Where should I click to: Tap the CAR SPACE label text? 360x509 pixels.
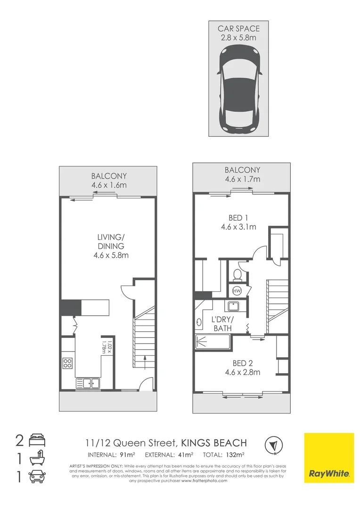(x=238, y=29)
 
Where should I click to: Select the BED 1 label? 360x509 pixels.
(x=238, y=218)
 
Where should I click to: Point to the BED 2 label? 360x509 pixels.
(x=243, y=363)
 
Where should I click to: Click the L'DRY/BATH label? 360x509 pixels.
(x=223, y=324)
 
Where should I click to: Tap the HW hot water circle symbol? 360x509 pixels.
(x=237, y=291)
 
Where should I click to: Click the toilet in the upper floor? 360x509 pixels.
(x=237, y=275)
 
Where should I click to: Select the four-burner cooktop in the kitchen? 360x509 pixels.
(x=67, y=363)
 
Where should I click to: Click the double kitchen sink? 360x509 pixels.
(x=88, y=383)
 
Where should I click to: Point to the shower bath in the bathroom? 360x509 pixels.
(x=213, y=342)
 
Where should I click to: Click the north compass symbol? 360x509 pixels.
(x=274, y=445)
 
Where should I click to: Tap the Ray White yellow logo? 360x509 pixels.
(x=329, y=458)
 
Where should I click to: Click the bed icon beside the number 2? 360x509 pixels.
(x=37, y=440)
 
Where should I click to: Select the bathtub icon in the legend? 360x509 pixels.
(x=37, y=458)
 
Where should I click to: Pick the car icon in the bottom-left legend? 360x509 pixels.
(x=37, y=476)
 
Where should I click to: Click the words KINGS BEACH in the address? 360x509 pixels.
(x=213, y=443)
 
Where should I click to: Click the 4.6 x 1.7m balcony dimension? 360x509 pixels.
(x=243, y=179)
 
